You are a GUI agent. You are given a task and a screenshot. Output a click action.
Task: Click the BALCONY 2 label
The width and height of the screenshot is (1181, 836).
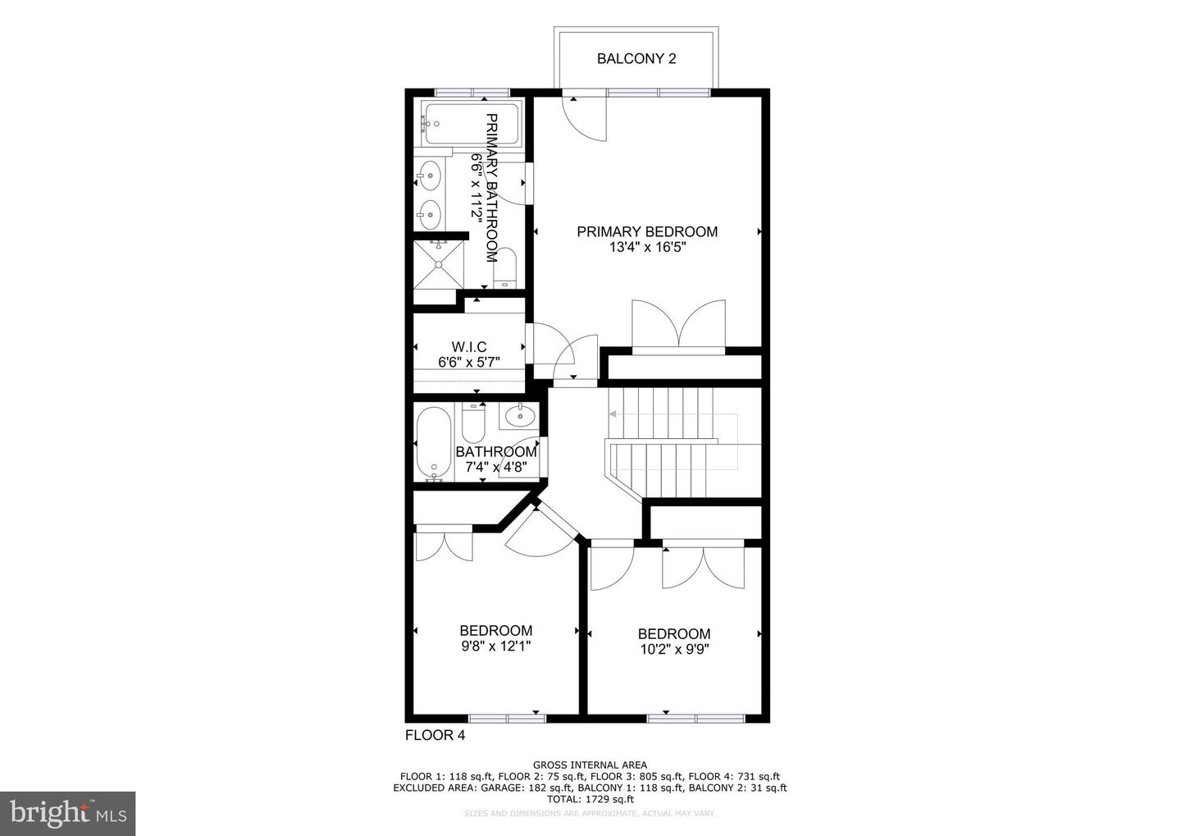pos(636,59)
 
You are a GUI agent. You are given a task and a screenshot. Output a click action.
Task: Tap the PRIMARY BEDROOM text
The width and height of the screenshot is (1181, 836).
pos(646,232)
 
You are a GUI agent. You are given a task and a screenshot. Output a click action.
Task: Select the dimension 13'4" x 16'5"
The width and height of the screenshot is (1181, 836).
pos(646,247)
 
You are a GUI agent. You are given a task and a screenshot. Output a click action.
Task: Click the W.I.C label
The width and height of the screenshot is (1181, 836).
pos(468,348)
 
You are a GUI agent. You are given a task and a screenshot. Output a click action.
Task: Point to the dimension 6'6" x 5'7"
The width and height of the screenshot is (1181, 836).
pos(468,362)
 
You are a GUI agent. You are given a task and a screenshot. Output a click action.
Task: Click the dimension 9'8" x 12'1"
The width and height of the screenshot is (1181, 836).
pos(495,646)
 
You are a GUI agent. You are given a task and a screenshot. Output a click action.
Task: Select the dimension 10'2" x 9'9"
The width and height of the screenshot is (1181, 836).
pos(674,649)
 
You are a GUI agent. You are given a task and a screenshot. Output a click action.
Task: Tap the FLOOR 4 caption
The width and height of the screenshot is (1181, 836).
pos(435,735)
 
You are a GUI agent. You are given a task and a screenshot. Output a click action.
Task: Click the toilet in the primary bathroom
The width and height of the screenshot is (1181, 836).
pos(504,267)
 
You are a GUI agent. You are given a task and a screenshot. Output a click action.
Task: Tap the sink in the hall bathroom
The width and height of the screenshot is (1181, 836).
pos(518,417)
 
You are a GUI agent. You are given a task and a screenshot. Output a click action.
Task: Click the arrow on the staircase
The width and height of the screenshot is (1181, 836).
pos(613,414)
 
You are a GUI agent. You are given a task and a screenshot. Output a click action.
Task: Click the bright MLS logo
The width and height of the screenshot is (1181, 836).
pos(67,813)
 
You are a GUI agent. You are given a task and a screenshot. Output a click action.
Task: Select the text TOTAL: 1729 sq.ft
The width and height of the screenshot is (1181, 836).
pos(590,798)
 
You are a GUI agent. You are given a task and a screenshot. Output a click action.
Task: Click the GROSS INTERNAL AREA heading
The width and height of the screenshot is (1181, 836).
pos(590,765)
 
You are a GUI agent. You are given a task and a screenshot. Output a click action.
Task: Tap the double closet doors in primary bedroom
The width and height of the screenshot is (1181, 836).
pos(677,326)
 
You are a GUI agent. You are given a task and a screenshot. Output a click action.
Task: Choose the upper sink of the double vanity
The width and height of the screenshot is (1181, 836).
pos(429,174)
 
